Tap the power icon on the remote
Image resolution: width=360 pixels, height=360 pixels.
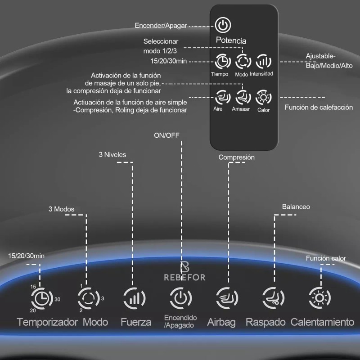[x=223, y=25]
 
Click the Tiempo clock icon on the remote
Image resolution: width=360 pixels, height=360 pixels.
[x=222, y=61]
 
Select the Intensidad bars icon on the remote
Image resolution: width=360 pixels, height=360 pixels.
[x=264, y=61]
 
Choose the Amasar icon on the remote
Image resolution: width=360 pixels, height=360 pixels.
[x=243, y=97]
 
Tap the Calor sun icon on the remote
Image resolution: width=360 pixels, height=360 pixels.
[x=264, y=97]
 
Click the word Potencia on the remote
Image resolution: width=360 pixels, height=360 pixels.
[x=231, y=40]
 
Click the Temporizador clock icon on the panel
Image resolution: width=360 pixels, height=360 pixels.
[x=42, y=298]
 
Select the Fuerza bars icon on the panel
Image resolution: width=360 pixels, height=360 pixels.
[x=135, y=298]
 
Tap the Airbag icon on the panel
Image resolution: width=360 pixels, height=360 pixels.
[x=227, y=298]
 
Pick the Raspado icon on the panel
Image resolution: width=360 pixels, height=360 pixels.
[x=274, y=298]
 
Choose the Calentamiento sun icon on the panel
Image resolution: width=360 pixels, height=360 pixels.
[x=319, y=298]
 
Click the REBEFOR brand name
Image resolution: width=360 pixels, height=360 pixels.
[x=184, y=277]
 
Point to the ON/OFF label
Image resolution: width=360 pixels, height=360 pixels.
[x=166, y=135]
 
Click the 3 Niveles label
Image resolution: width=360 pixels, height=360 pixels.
[x=112, y=154]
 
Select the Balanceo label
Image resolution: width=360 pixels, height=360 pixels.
[x=296, y=207]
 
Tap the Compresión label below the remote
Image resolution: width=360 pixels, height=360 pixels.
[x=237, y=157]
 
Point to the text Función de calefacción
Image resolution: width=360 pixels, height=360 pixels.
[x=319, y=107]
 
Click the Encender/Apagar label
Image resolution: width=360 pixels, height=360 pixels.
[x=161, y=26]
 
